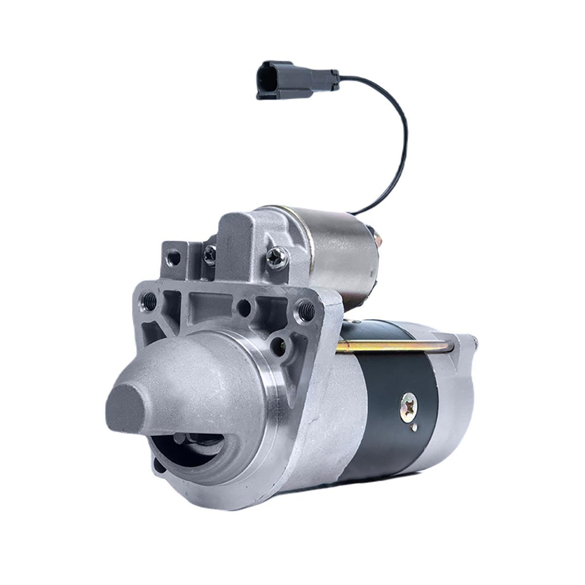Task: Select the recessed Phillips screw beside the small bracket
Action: [x=210, y=253]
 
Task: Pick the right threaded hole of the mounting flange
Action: [x=307, y=307]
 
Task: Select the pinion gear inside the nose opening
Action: [x=195, y=441]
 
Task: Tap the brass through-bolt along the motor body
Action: [x=395, y=346]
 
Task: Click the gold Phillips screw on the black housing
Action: [x=408, y=403]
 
